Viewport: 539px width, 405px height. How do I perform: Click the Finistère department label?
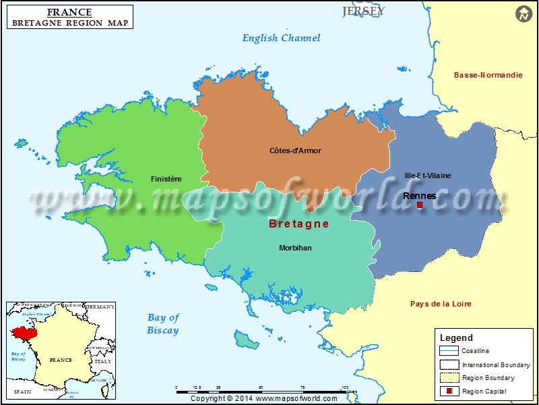tap(166, 179)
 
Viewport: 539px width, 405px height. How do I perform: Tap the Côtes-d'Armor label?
tap(295, 151)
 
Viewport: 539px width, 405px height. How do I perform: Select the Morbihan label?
tap(295, 248)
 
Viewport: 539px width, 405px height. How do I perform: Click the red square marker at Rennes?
tap(420, 205)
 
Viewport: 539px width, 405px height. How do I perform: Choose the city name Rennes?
tap(419, 196)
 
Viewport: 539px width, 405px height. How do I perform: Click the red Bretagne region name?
tap(298, 223)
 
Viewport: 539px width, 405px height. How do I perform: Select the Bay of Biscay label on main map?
tap(163, 324)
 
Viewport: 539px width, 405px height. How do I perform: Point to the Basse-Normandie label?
tap(488, 75)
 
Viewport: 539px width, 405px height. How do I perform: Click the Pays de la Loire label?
tap(441, 304)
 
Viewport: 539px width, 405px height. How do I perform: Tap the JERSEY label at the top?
tap(363, 11)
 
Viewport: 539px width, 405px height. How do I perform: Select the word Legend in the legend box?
tap(456, 337)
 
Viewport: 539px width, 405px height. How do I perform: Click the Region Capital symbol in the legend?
tap(448, 391)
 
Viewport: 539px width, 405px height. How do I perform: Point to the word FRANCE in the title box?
tap(69, 12)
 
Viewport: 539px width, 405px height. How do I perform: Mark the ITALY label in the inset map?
tap(102, 361)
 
